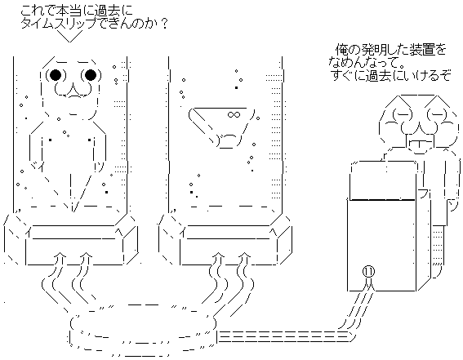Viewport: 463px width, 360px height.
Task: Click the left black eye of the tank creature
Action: coord(56,75)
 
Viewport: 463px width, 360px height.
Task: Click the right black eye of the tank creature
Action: coord(91,75)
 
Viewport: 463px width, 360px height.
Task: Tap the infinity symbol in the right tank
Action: coord(234,114)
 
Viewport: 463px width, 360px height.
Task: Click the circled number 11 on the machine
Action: coord(368,272)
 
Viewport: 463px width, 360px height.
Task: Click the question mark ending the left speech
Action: coord(163,24)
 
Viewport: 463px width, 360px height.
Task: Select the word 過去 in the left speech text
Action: coord(107,11)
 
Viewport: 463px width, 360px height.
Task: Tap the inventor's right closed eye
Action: coord(434,112)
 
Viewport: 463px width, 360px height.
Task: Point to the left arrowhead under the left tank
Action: coord(60,255)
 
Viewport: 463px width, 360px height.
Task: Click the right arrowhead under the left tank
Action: coord(86,255)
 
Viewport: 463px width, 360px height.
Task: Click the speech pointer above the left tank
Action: coord(70,36)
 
